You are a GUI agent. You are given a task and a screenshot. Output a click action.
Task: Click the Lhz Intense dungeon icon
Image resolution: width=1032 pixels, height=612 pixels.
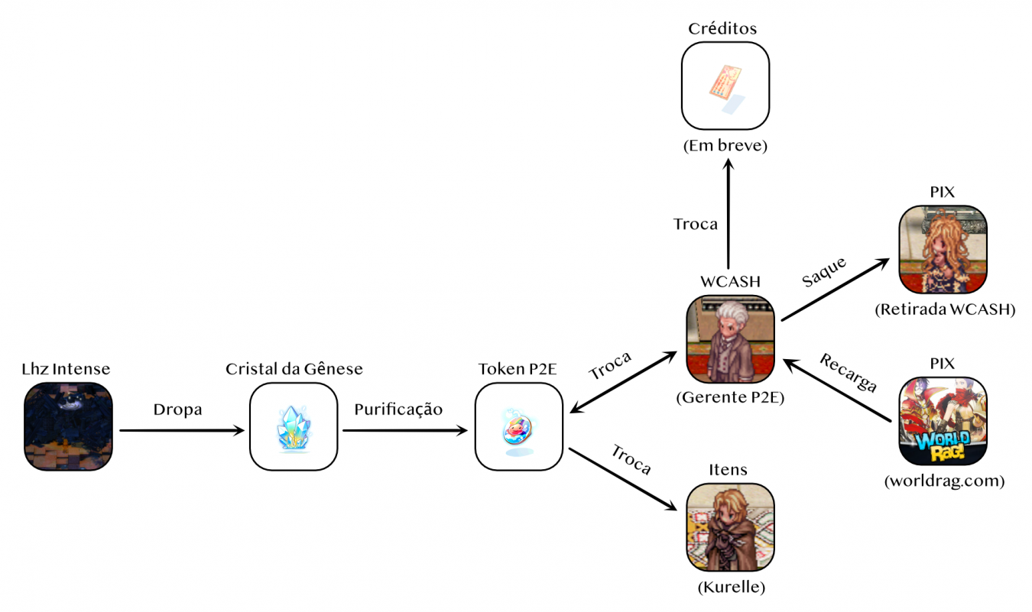pos(68,426)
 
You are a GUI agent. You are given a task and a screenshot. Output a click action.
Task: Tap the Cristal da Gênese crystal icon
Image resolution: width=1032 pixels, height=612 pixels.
pos(294,426)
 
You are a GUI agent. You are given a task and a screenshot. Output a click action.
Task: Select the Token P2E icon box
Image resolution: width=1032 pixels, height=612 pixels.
pos(519,426)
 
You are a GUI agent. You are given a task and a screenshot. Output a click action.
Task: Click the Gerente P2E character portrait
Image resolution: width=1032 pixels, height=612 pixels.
pos(731,339)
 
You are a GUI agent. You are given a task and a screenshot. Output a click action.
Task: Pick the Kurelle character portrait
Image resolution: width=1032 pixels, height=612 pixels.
pos(731,527)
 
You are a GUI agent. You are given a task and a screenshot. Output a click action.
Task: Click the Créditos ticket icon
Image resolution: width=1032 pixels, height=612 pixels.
pos(725,86)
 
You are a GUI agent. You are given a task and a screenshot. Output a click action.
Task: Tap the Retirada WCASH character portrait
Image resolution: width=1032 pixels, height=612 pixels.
pos(943,249)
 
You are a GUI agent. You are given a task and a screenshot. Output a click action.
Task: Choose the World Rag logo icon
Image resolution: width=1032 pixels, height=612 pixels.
pos(943,421)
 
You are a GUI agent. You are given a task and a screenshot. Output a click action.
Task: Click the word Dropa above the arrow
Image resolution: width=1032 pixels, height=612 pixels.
pos(177,410)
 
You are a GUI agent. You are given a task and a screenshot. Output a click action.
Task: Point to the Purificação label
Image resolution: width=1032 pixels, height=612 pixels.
pos(398,410)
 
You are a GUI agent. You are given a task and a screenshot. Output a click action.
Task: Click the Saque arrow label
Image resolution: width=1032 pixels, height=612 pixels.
pos(823,272)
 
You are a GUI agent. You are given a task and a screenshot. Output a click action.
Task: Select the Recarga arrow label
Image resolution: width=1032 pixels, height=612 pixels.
pos(849,372)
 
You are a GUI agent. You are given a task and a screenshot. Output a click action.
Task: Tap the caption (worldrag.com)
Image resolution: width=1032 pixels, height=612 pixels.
pos(943,481)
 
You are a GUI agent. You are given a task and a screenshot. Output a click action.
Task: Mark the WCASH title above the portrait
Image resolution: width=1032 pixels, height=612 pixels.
pos(731,281)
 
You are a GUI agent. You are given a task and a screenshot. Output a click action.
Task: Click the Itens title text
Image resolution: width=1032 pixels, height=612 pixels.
pos(729,469)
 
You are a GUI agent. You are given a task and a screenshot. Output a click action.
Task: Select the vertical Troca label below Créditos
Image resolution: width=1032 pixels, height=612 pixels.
pos(695,224)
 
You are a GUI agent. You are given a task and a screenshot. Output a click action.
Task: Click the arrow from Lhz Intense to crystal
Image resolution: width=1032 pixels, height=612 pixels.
pos(180,431)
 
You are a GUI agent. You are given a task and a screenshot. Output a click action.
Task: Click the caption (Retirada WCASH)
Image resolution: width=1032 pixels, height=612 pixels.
pos(944,309)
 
